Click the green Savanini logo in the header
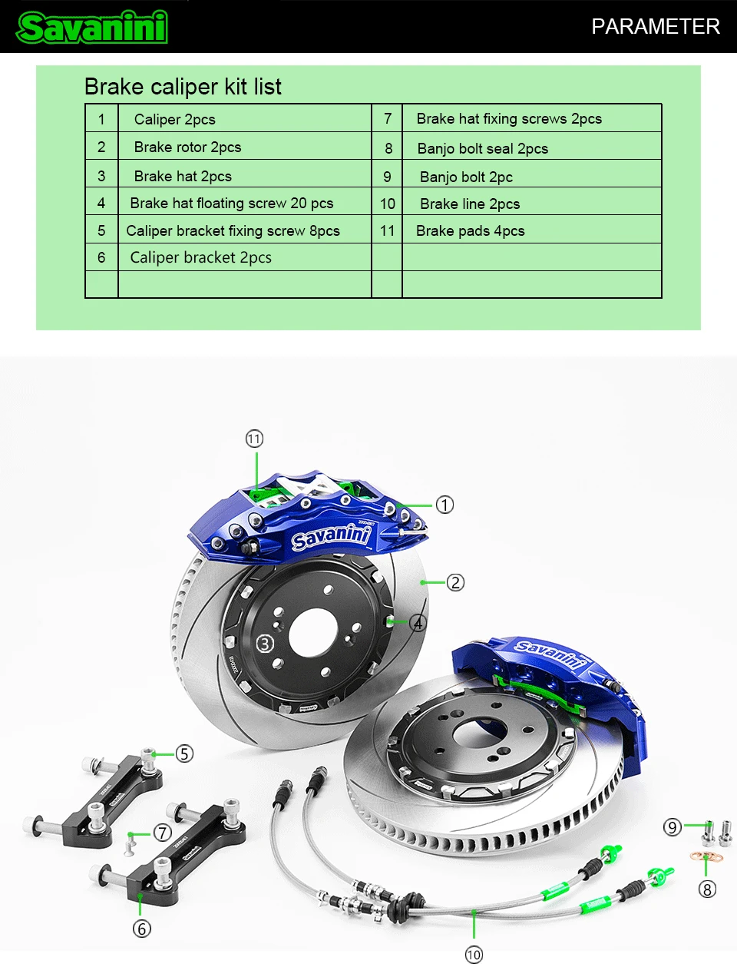point(91,27)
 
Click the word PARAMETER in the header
point(656,26)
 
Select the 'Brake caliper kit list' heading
point(183,86)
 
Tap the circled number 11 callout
point(254,439)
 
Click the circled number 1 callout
point(445,505)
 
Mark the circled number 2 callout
point(455,582)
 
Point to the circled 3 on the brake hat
point(265,644)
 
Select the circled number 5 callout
point(184,753)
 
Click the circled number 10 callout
point(474,955)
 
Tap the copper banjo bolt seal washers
point(706,857)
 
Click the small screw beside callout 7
point(130,845)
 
